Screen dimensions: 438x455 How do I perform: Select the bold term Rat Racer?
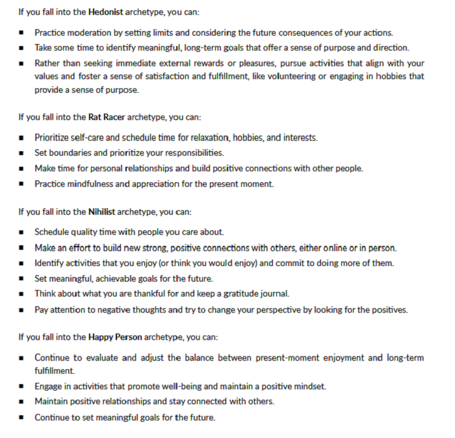click(107, 117)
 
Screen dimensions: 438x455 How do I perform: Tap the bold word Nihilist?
click(105, 212)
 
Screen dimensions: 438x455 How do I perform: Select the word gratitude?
click(237, 293)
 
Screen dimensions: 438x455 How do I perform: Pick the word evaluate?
click(96, 357)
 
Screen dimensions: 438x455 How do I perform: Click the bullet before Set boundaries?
click(21, 154)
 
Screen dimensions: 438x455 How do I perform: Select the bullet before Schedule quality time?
click(21, 232)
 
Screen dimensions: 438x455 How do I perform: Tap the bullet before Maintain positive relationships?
click(21, 402)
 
